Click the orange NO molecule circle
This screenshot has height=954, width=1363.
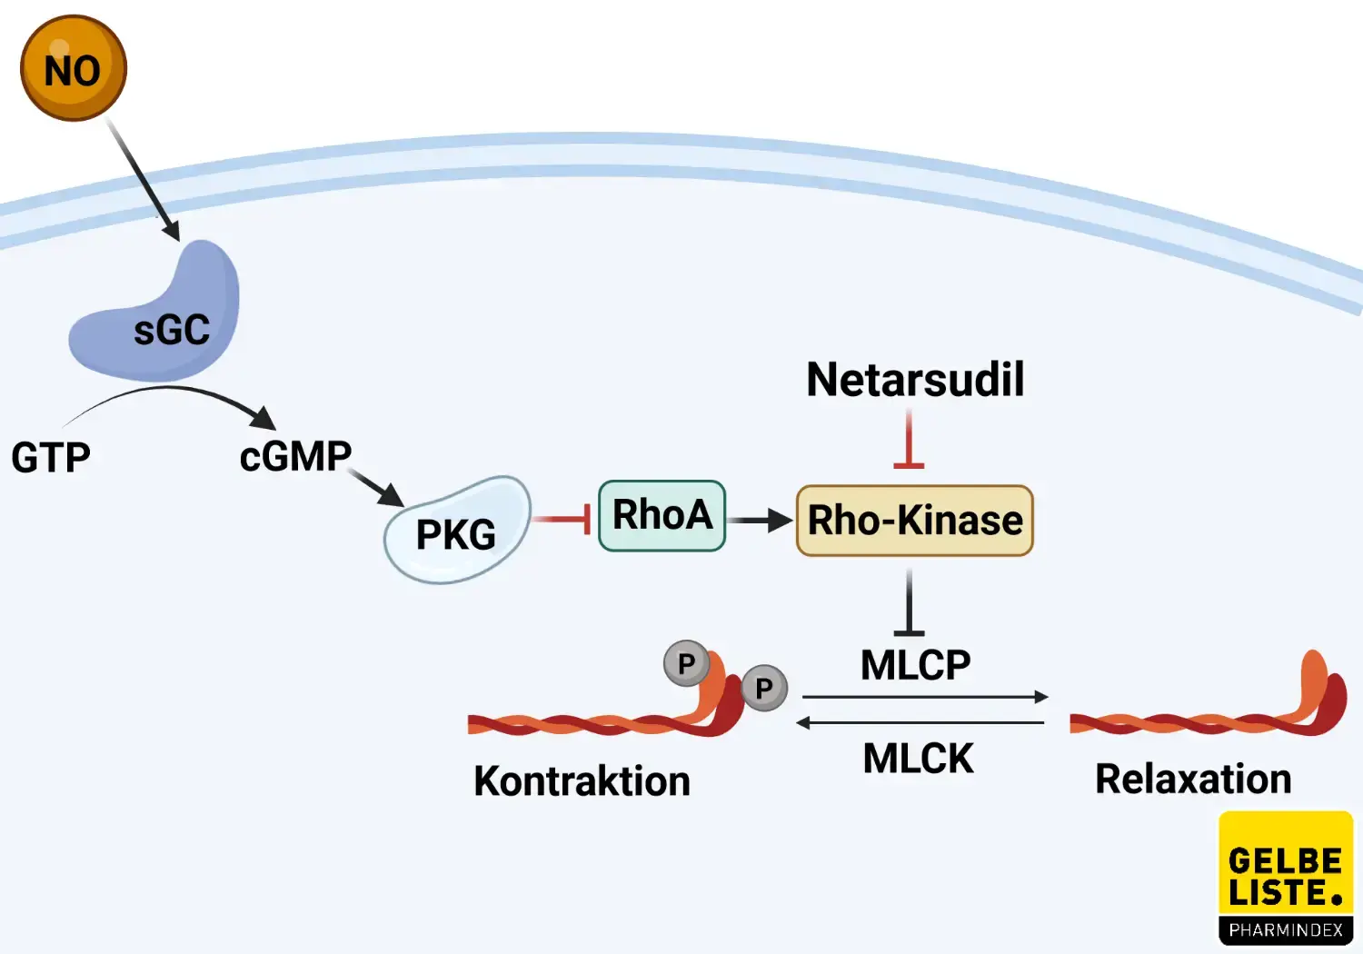(x=73, y=68)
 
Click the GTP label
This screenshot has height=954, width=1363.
(x=51, y=457)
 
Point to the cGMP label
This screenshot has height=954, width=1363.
(x=295, y=456)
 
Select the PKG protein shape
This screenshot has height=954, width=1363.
(x=456, y=532)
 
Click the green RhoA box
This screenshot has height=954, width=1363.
(x=662, y=515)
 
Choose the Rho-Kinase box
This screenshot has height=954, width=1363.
(x=914, y=521)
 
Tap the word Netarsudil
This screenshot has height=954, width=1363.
(x=915, y=380)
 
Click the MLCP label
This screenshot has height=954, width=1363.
(x=915, y=665)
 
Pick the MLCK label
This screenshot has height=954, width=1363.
(x=918, y=759)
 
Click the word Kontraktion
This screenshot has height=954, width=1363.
(x=582, y=781)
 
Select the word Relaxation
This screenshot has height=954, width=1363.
(x=1193, y=780)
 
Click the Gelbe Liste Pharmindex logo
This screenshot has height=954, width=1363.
(x=1285, y=878)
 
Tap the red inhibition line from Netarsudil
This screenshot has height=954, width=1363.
(x=909, y=441)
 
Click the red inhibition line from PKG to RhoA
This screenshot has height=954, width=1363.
(x=562, y=519)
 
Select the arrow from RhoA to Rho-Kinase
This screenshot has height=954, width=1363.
(x=760, y=521)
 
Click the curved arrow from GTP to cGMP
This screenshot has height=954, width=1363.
(x=173, y=391)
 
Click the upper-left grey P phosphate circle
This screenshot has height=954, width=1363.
(x=686, y=664)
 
